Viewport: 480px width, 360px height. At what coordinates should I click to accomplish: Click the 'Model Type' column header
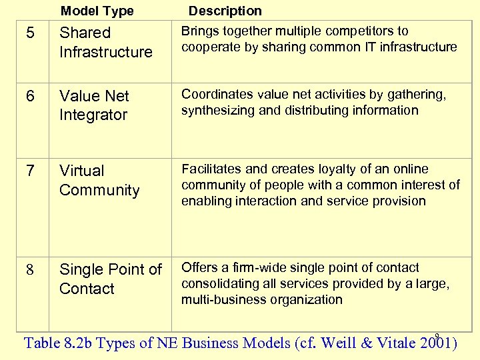coord(97,11)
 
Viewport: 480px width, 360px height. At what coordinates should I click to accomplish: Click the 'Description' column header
coord(225,11)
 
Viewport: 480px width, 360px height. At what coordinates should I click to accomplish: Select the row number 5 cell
coord(30,33)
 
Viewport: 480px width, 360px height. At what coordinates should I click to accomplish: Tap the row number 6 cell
coord(30,96)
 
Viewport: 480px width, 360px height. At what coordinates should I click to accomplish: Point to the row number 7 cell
coord(30,171)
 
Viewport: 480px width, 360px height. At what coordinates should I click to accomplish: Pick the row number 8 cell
coord(30,270)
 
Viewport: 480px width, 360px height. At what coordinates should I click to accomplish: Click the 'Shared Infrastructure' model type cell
coord(105,42)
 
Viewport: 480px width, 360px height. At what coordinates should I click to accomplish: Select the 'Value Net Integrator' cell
coord(94,105)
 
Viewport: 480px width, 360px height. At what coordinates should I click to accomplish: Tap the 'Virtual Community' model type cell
coord(99,181)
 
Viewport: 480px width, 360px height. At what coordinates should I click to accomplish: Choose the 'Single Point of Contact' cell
coord(110,279)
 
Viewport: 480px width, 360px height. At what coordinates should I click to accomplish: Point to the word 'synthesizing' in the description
coord(217,110)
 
